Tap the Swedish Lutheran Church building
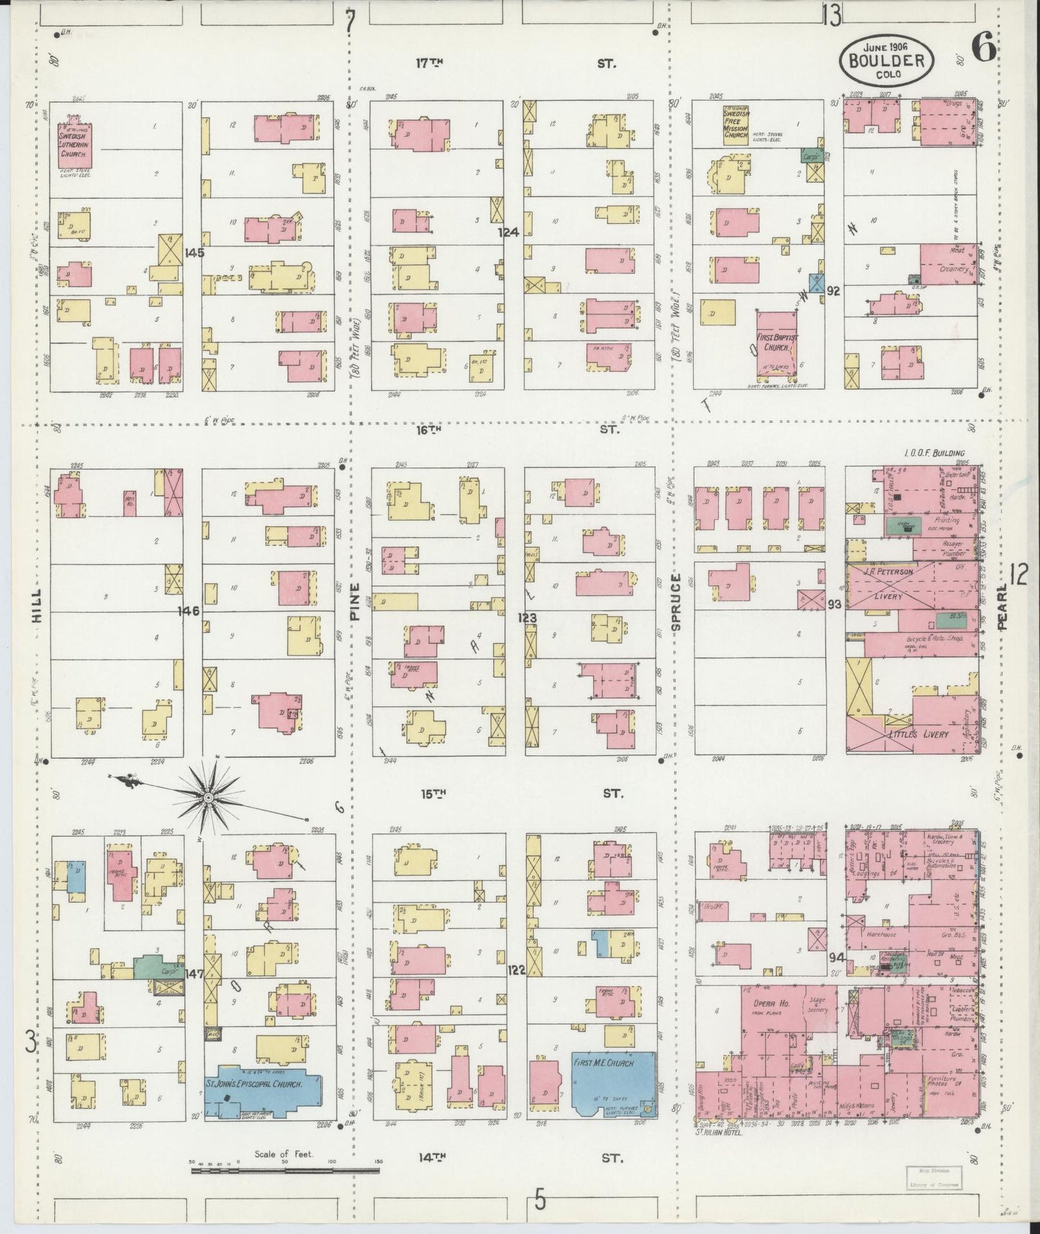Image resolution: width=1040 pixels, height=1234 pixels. pos(73,140)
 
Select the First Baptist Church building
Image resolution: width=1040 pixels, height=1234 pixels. pos(776,344)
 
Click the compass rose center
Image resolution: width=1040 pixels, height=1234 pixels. pos(208,797)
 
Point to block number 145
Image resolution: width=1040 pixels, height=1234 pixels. pos(194,253)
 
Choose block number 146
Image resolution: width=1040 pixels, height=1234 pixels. pos(191,611)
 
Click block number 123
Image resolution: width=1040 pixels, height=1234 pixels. pos(528,618)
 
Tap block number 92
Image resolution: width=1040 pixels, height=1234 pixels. pos(834,291)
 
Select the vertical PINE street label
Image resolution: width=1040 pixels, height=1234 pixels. pos(353,602)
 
